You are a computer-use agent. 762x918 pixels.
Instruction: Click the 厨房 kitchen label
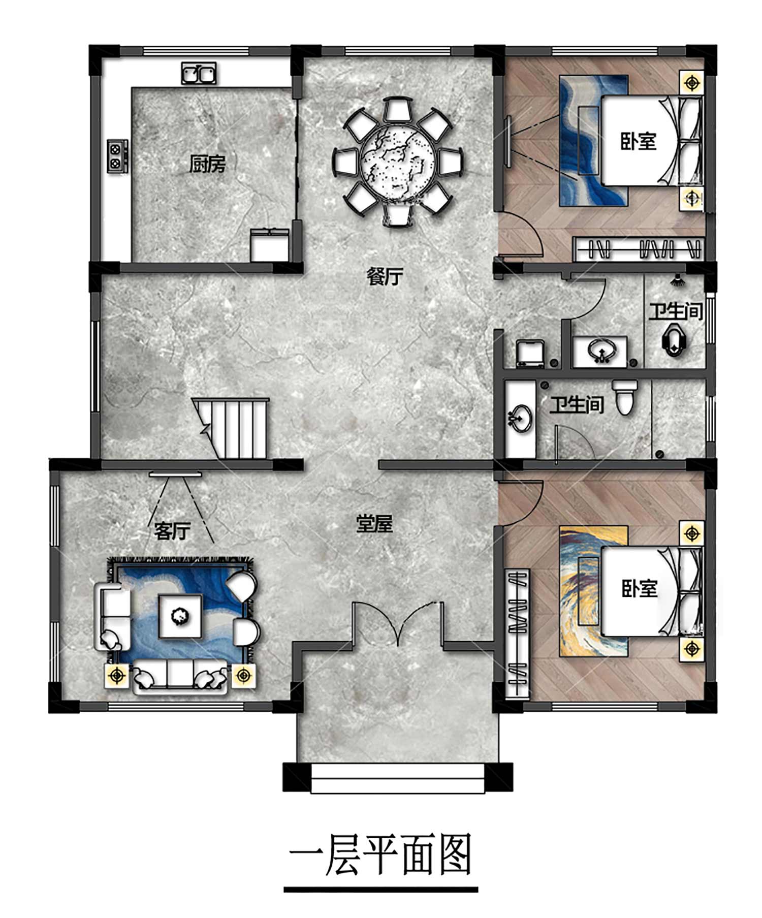pos(207,164)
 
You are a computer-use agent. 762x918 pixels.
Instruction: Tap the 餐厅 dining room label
pos(385,276)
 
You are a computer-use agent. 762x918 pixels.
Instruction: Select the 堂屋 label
pos(374,523)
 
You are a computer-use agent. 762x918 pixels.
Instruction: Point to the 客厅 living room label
pos(172,531)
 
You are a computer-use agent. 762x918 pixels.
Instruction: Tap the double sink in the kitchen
pos(199,74)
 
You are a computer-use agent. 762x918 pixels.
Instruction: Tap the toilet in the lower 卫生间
pos(625,397)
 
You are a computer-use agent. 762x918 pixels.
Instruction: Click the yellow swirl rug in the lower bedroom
pos(593,591)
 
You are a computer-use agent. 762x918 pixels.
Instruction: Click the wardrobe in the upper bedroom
pos(639,249)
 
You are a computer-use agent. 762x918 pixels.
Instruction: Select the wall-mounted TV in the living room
pos(176,474)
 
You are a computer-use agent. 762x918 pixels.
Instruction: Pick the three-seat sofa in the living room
pos(180,677)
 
